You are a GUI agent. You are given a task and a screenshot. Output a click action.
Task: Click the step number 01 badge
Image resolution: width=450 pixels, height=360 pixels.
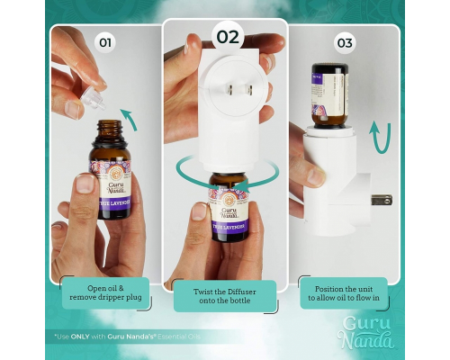(x=106, y=41)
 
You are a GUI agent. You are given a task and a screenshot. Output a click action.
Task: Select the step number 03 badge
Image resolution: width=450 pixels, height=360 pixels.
(x=345, y=41)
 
